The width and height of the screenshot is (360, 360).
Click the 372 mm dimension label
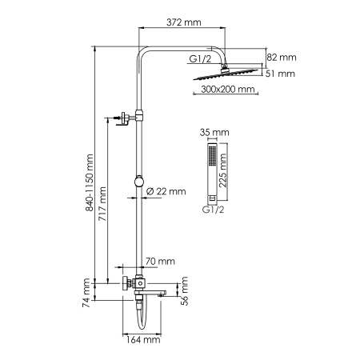[183, 22]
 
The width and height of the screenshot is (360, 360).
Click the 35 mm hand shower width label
[215, 132]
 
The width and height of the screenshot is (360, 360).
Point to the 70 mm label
[161, 261]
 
